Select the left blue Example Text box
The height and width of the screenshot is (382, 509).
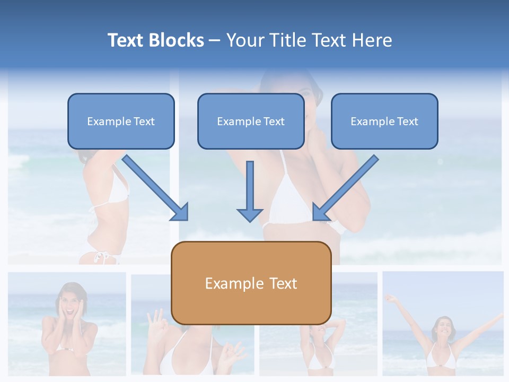tap(121, 121)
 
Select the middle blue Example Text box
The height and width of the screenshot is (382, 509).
tap(251, 121)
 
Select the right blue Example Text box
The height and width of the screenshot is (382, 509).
tap(384, 121)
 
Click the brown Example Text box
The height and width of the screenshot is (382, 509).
tap(251, 283)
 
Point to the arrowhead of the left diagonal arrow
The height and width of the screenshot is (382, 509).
tap(180, 212)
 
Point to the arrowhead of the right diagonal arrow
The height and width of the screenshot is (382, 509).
tap(321, 212)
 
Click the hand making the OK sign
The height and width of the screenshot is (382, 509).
tap(156, 320)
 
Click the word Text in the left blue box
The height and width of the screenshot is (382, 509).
tap(144, 121)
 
